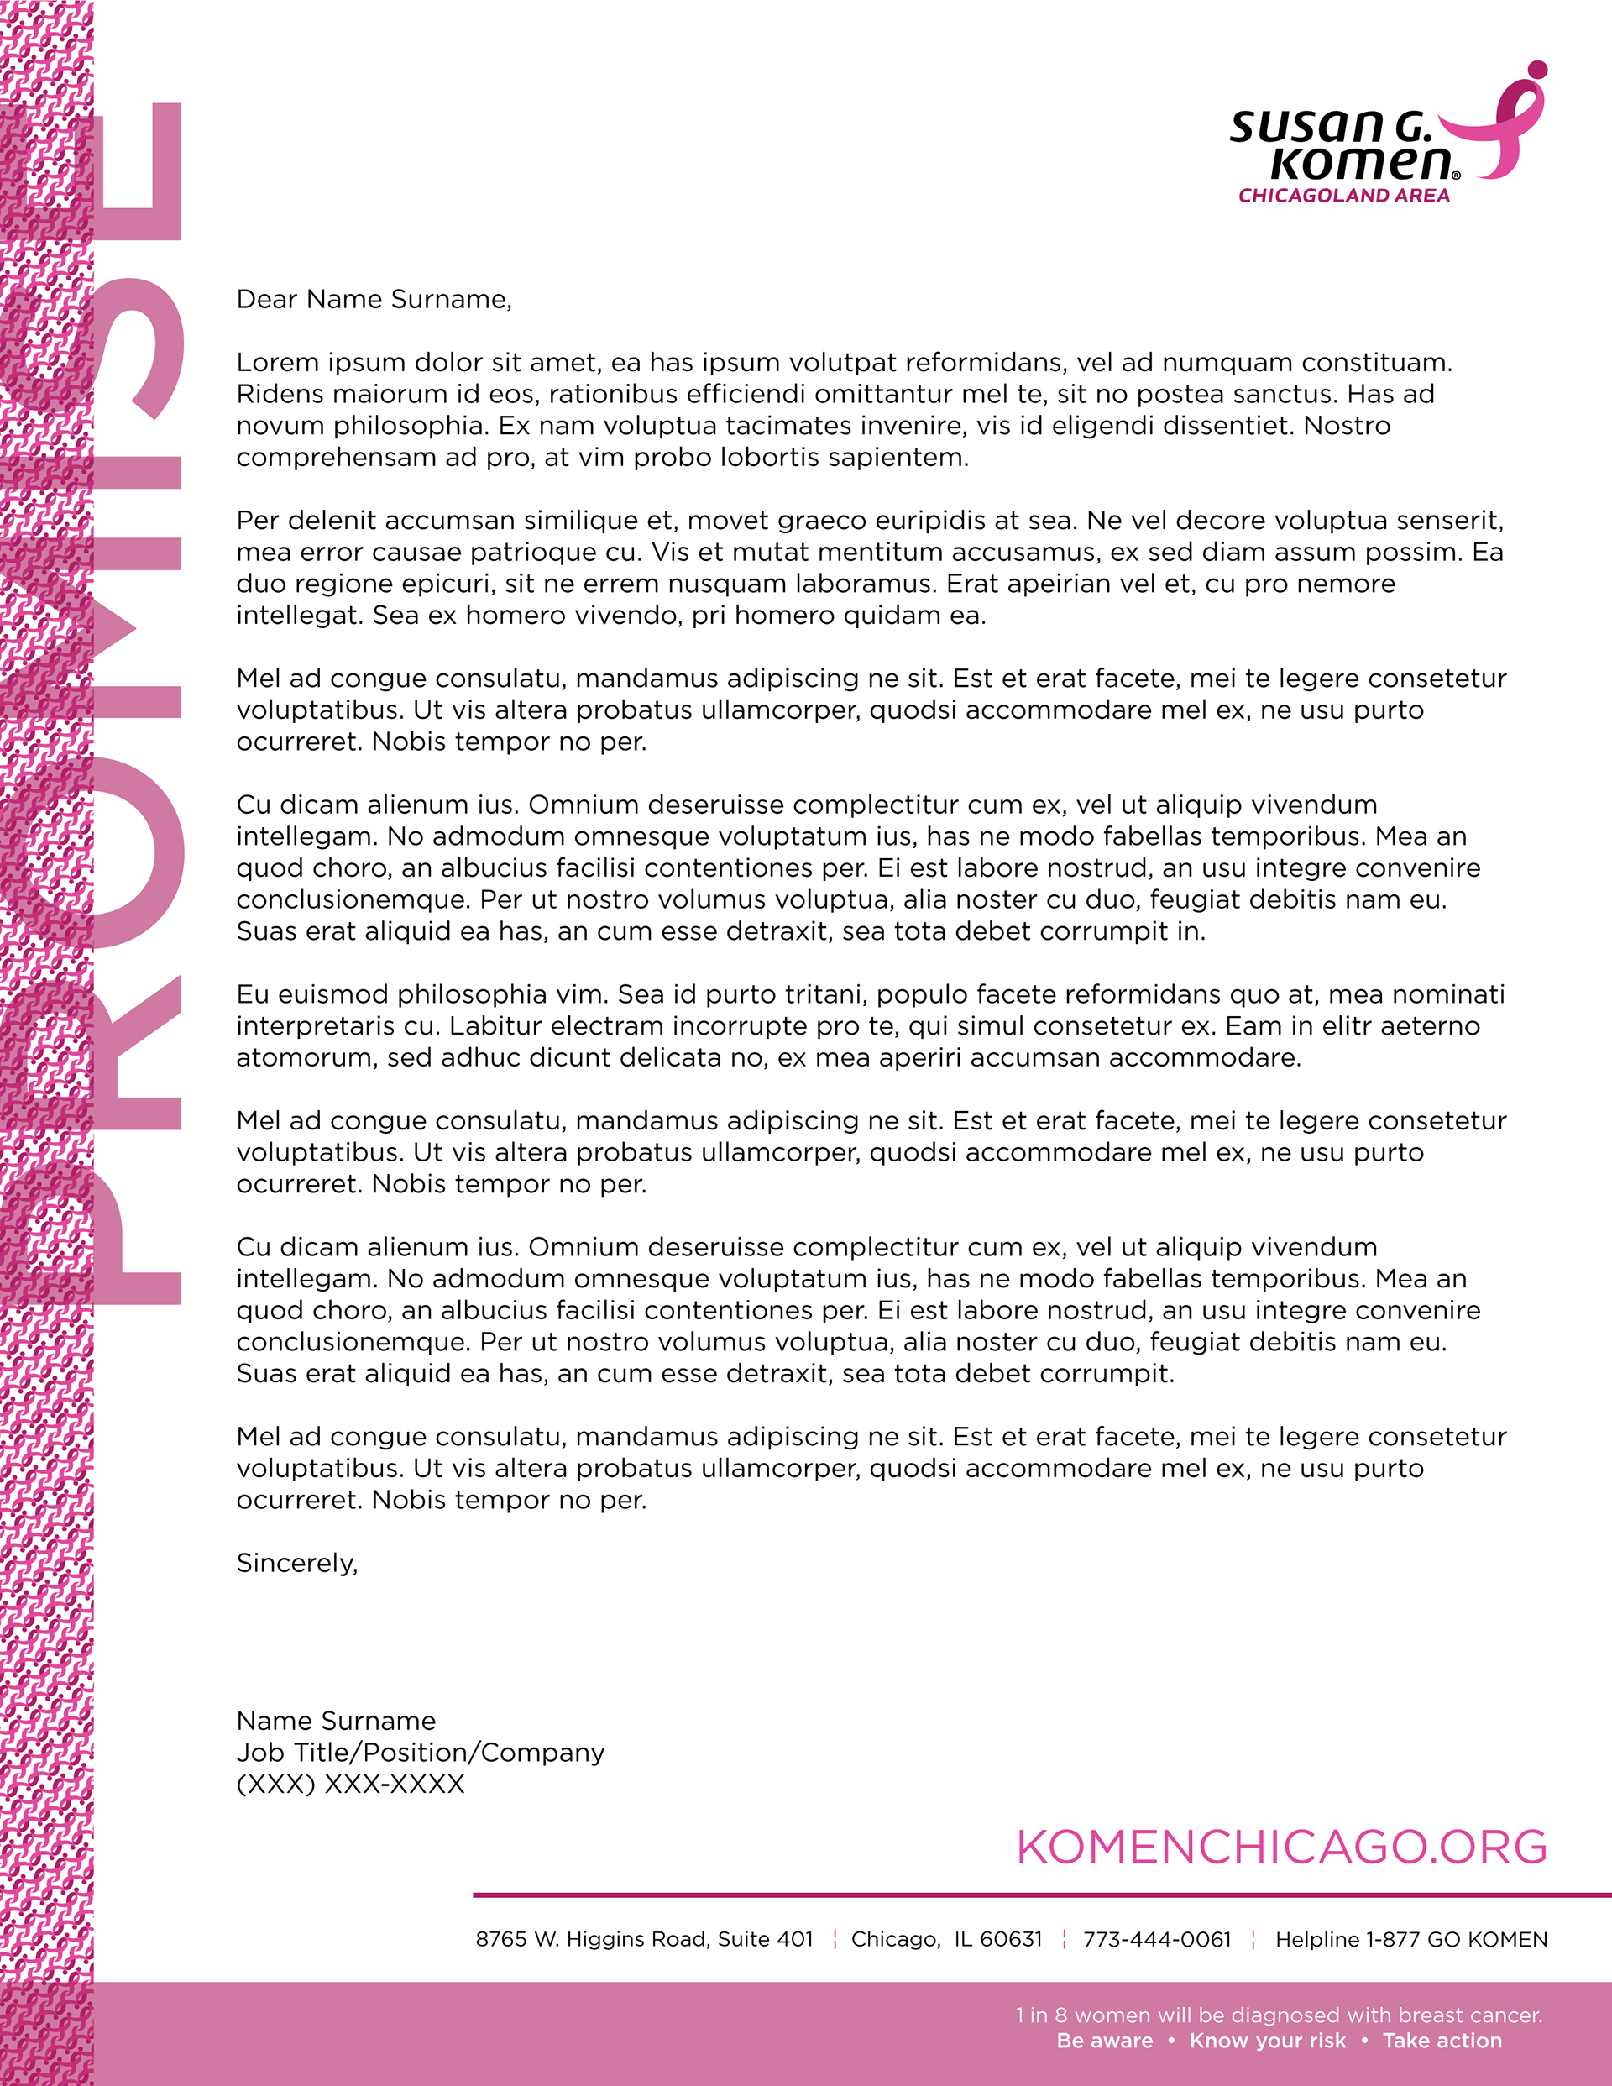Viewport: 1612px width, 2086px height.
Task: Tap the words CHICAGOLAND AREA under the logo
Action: (1343, 196)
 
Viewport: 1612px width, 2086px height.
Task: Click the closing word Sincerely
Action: (296, 1564)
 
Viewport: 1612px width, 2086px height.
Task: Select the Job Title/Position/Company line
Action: (420, 1753)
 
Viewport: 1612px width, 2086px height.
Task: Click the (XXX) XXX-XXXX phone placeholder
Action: (350, 1785)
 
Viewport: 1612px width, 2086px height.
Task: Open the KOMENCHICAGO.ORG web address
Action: (1281, 1848)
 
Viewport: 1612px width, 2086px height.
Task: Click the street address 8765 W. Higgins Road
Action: (644, 1940)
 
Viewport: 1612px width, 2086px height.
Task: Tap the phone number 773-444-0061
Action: (1156, 1940)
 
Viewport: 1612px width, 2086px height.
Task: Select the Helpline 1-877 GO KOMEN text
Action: (1410, 1940)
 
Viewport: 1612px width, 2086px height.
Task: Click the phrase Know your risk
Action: (1267, 2041)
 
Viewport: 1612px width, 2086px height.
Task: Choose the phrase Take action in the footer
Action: (1442, 2041)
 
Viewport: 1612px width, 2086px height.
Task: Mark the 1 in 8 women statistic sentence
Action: (1279, 2015)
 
